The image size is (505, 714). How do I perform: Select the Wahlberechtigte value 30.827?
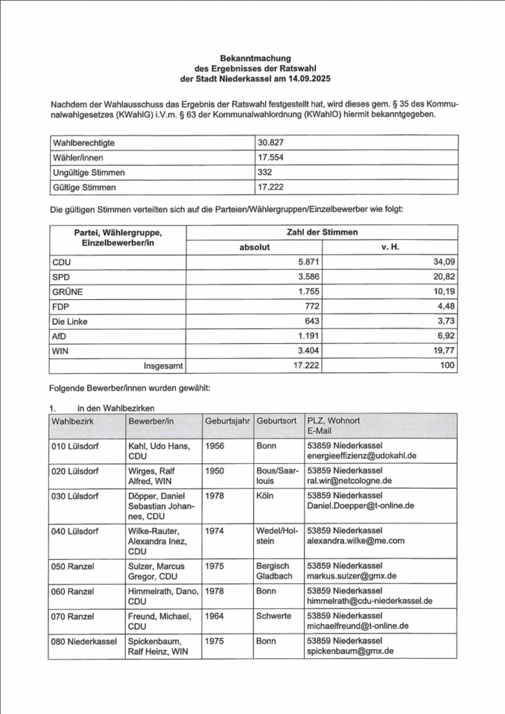[271, 142]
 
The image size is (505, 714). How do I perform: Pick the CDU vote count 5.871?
[306, 262]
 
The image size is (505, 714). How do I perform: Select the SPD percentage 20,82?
[442, 277]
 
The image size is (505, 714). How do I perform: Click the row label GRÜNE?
[68, 291]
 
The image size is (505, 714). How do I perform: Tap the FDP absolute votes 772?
[311, 306]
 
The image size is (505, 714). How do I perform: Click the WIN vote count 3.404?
[306, 351]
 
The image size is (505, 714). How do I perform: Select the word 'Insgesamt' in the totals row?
[163, 365]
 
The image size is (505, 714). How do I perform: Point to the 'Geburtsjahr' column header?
[227, 421]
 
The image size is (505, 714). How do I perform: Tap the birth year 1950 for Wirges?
[214, 471]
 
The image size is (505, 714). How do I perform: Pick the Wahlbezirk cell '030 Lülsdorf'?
[77, 496]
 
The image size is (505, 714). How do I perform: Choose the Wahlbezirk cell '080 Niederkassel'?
[83, 641]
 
